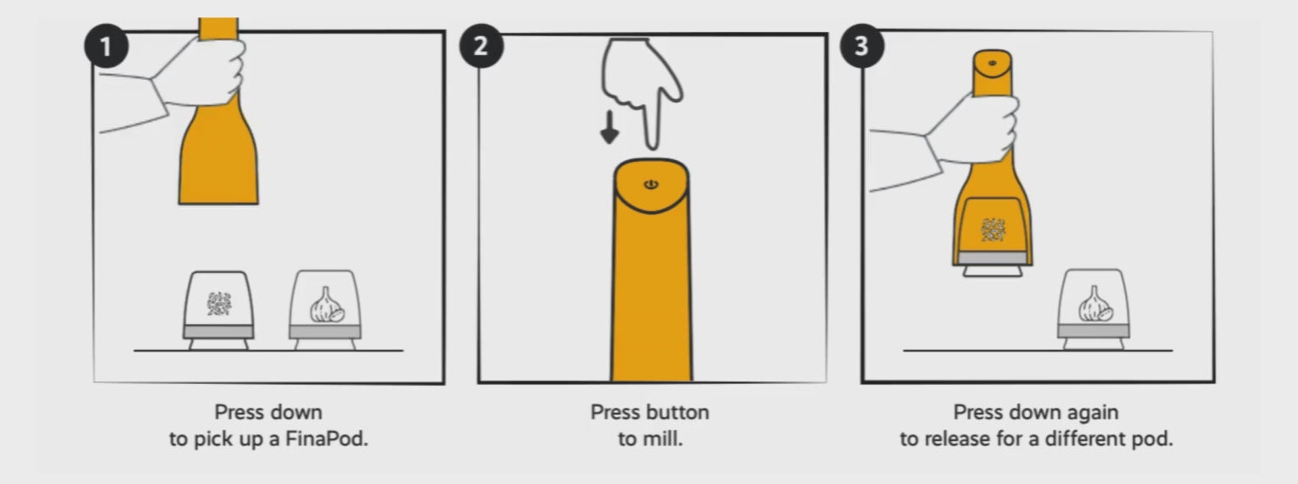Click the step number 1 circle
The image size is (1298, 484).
tap(106, 46)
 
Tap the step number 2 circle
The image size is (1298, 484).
tap(481, 46)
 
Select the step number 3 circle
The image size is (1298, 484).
tap(861, 46)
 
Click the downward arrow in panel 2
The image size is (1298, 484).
tap(609, 127)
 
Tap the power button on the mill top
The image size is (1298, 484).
tap(652, 185)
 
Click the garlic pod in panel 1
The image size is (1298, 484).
tap(325, 310)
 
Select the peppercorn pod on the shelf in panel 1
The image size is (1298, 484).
tap(218, 311)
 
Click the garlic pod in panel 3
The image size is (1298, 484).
tap(1093, 310)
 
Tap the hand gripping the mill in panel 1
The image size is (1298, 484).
tap(200, 72)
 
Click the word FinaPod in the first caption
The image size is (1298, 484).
tap(326, 439)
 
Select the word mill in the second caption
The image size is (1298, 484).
tap(666, 439)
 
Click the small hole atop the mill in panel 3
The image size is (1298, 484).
tap(993, 63)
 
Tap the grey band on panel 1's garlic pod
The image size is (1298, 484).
tap(325, 333)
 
